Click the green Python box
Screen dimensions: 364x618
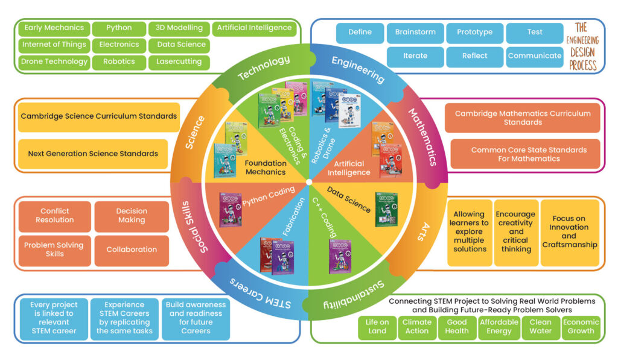click(119, 28)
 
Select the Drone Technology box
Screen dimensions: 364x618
click(54, 61)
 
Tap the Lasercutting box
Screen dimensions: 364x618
click(179, 61)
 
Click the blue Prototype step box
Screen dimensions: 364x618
click(474, 33)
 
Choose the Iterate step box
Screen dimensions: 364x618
click(415, 56)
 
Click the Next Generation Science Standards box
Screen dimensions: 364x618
click(93, 154)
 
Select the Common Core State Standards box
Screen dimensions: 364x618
click(528, 154)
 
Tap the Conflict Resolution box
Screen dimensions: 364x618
click(54, 216)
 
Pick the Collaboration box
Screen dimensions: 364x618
click(132, 249)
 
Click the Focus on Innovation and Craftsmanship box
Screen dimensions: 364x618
click(569, 232)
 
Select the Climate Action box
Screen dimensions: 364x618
click(416, 327)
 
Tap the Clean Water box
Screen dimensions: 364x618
click(540, 327)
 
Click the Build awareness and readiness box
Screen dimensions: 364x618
click(196, 318)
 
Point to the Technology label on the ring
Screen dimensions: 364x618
click(264, 68)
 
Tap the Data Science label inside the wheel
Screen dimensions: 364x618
click(349, 199)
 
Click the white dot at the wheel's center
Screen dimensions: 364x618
click(309, 181)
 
